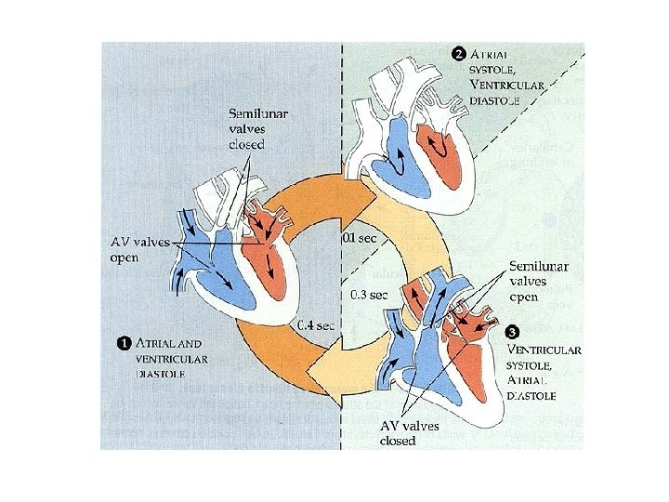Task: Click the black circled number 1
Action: [122, 342]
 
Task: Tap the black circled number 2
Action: [458, 51]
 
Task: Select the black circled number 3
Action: [511, 332]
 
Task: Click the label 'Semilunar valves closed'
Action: [258, 128]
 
